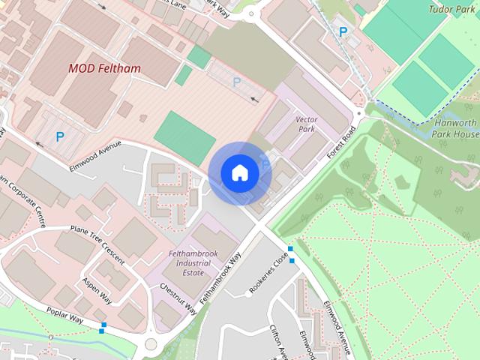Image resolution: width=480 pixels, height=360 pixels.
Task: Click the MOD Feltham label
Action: pos(104,68)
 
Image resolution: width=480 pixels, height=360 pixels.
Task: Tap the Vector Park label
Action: pos(307,124)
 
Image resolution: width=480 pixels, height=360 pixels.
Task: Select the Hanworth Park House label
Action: pos(455,127)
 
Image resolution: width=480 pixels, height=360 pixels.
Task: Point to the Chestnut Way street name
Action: pos(178,298)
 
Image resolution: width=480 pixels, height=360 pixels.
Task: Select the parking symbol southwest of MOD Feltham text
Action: pos(59,137)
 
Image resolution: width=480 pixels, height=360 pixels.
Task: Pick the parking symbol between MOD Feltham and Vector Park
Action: pos(237,82)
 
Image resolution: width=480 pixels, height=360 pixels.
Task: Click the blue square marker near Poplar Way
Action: pos(102,328)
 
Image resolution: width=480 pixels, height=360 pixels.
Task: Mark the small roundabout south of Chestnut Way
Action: pos(151,344)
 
